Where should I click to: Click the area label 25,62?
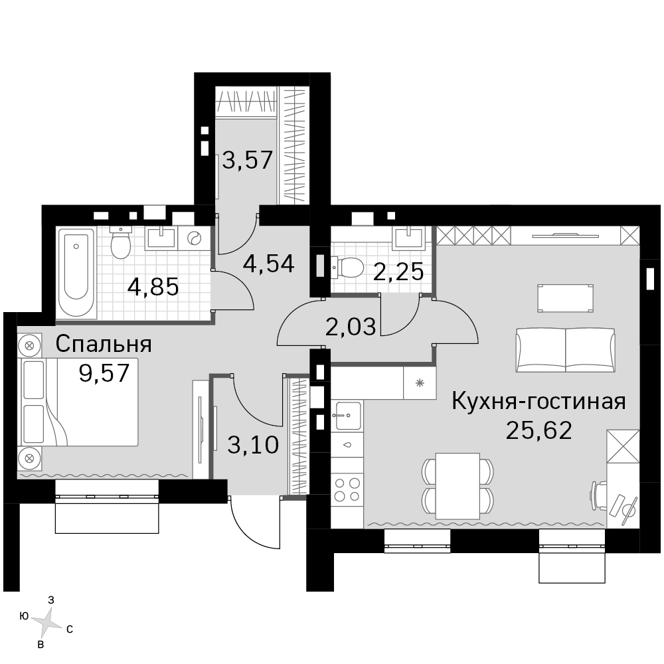point(539,431)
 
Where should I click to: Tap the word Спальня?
point(104,344)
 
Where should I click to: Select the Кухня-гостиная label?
point(539,401)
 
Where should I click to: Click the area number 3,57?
point(247,161)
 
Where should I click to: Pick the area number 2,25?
point(398,272)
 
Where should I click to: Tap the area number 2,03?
point(350,327)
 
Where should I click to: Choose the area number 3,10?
point(253,445)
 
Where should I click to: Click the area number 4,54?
point(268,264)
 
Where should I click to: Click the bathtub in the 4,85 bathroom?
point(76,274)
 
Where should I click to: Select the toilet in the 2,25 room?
point(347,266)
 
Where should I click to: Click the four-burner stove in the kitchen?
point(347,489)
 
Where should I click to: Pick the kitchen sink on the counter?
point(347,416)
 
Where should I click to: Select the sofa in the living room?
point(565,350)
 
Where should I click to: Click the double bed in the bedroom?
point(79,402)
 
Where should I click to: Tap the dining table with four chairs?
point(457,485)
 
